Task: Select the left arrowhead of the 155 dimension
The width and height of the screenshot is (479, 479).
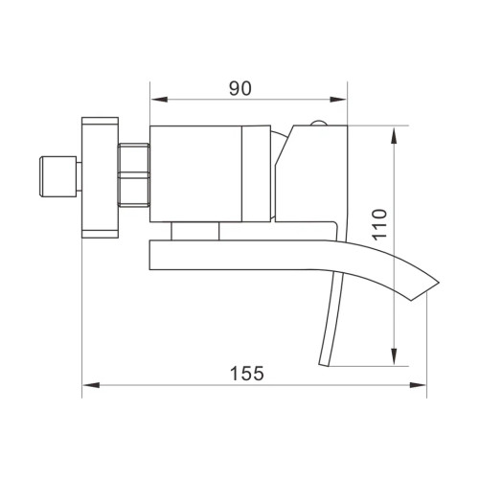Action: pos(89,385)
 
